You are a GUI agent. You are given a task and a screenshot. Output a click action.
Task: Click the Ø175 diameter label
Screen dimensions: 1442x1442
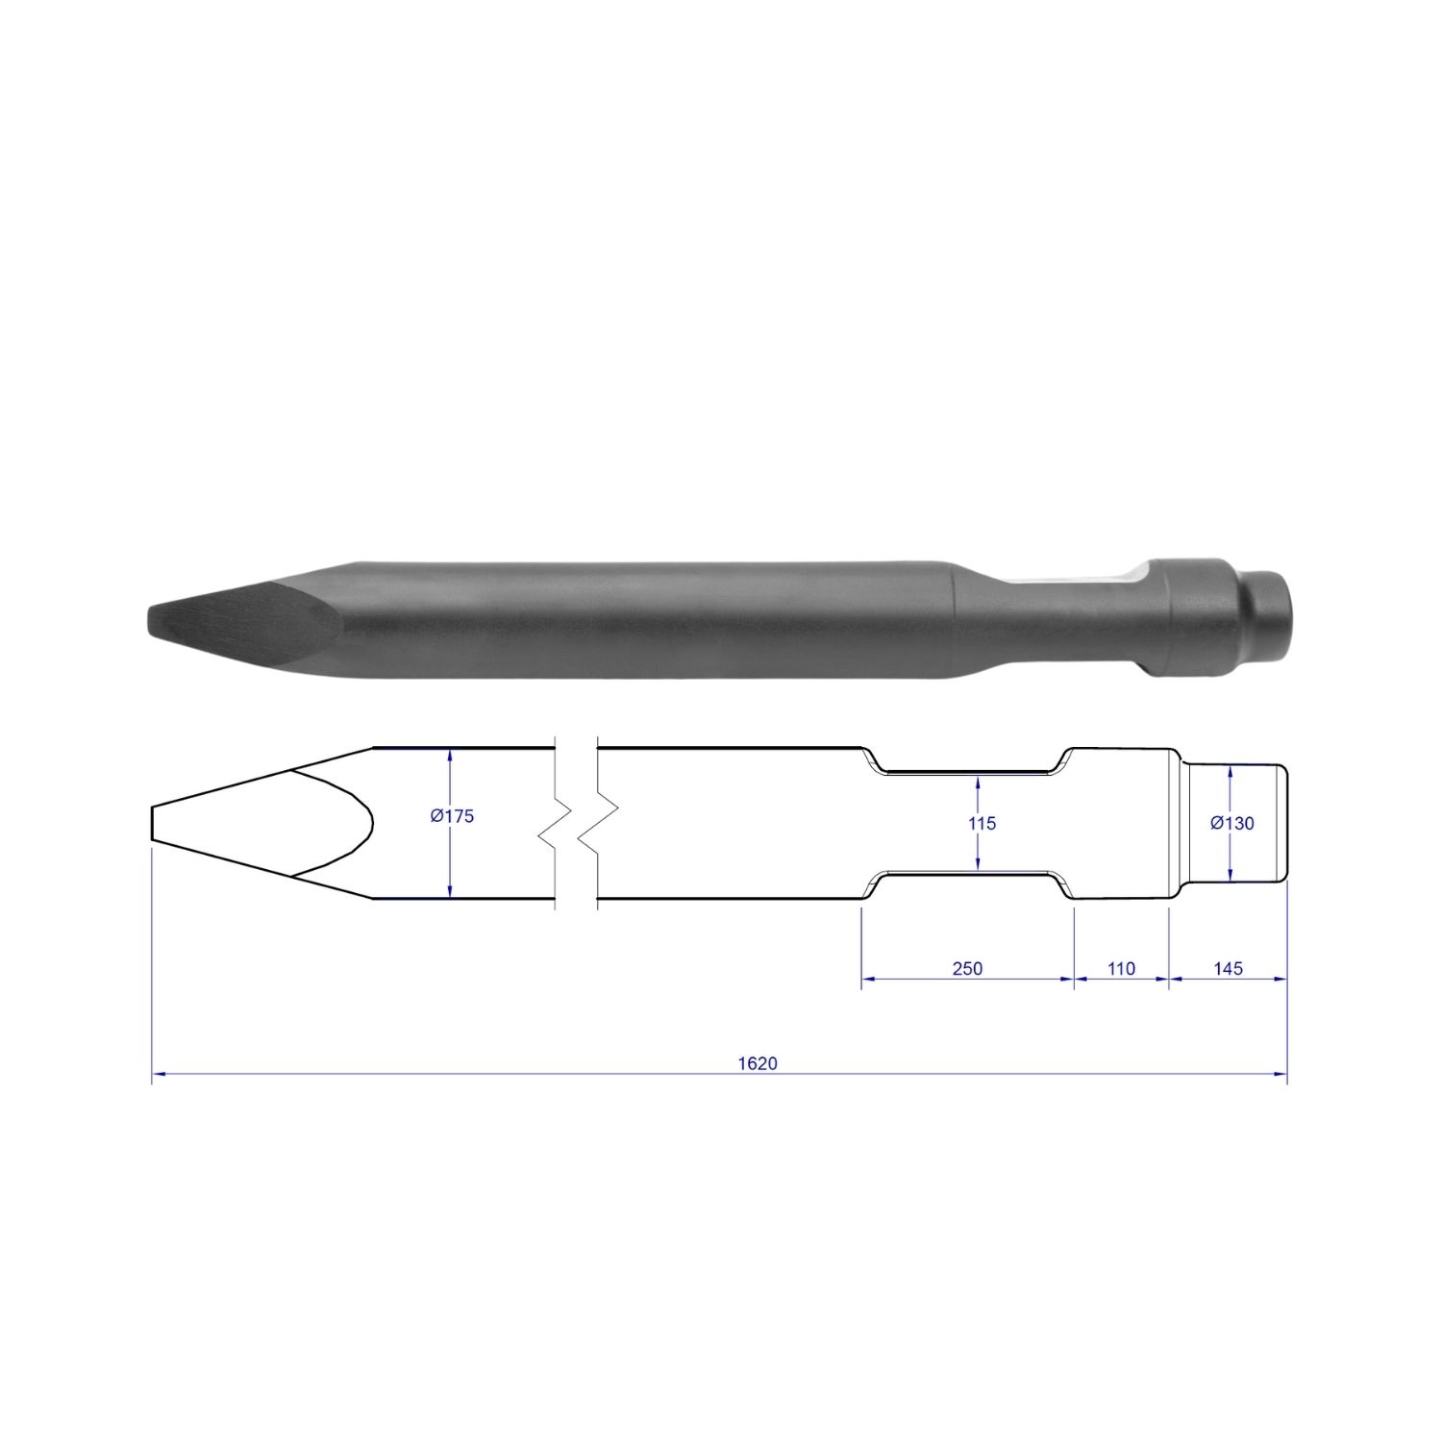pyautogui.click(x=453, y=816)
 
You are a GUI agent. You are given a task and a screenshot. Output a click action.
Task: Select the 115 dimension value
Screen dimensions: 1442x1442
pyautogui.click(x=982, y=823)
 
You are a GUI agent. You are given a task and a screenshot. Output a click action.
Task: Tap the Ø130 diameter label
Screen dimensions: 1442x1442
pyautogui.click(x=1232, y=823)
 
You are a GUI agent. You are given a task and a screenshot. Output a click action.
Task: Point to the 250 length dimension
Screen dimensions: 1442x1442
pyautogui.click(x=967, y=968)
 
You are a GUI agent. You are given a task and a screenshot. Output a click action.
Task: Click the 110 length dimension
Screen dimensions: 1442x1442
pyautogui.click(x=1121, y=968)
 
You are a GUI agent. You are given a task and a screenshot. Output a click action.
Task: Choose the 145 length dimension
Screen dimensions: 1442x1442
pyautogui.click(x=1229, y=968)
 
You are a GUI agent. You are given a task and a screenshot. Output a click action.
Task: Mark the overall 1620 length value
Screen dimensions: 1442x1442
pyautogui.click(x=758, y=1063)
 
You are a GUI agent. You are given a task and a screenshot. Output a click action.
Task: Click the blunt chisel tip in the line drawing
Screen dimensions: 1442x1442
pyautogui.click(x=152, y=824)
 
